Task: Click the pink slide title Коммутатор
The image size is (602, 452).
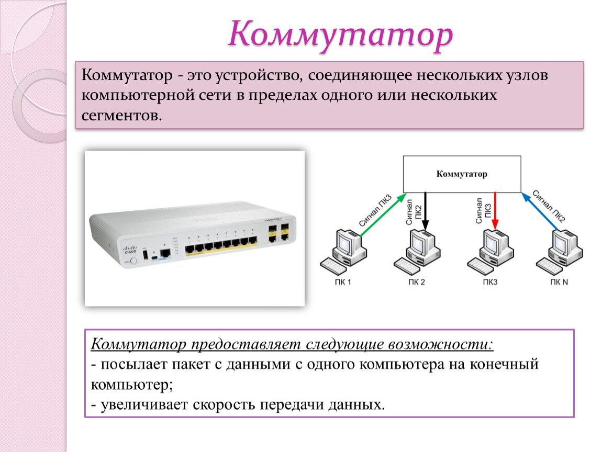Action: click(341, 35)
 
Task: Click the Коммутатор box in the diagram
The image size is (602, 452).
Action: click(462, 174)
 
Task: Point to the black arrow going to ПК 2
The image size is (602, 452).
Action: click(425, 211)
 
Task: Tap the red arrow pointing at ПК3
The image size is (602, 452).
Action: click(495, 211)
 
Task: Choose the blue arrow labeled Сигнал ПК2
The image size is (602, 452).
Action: click(539, 211)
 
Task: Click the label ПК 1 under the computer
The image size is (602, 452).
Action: click(343, 282)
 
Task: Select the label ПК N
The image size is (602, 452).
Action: click(559, 282)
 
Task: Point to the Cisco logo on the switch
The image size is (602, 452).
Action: click(130, 250)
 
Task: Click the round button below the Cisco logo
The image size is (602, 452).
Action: click(133, 261)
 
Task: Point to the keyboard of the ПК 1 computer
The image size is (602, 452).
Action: click(333, 266)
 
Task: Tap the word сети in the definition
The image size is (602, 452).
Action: click(215, 95)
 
